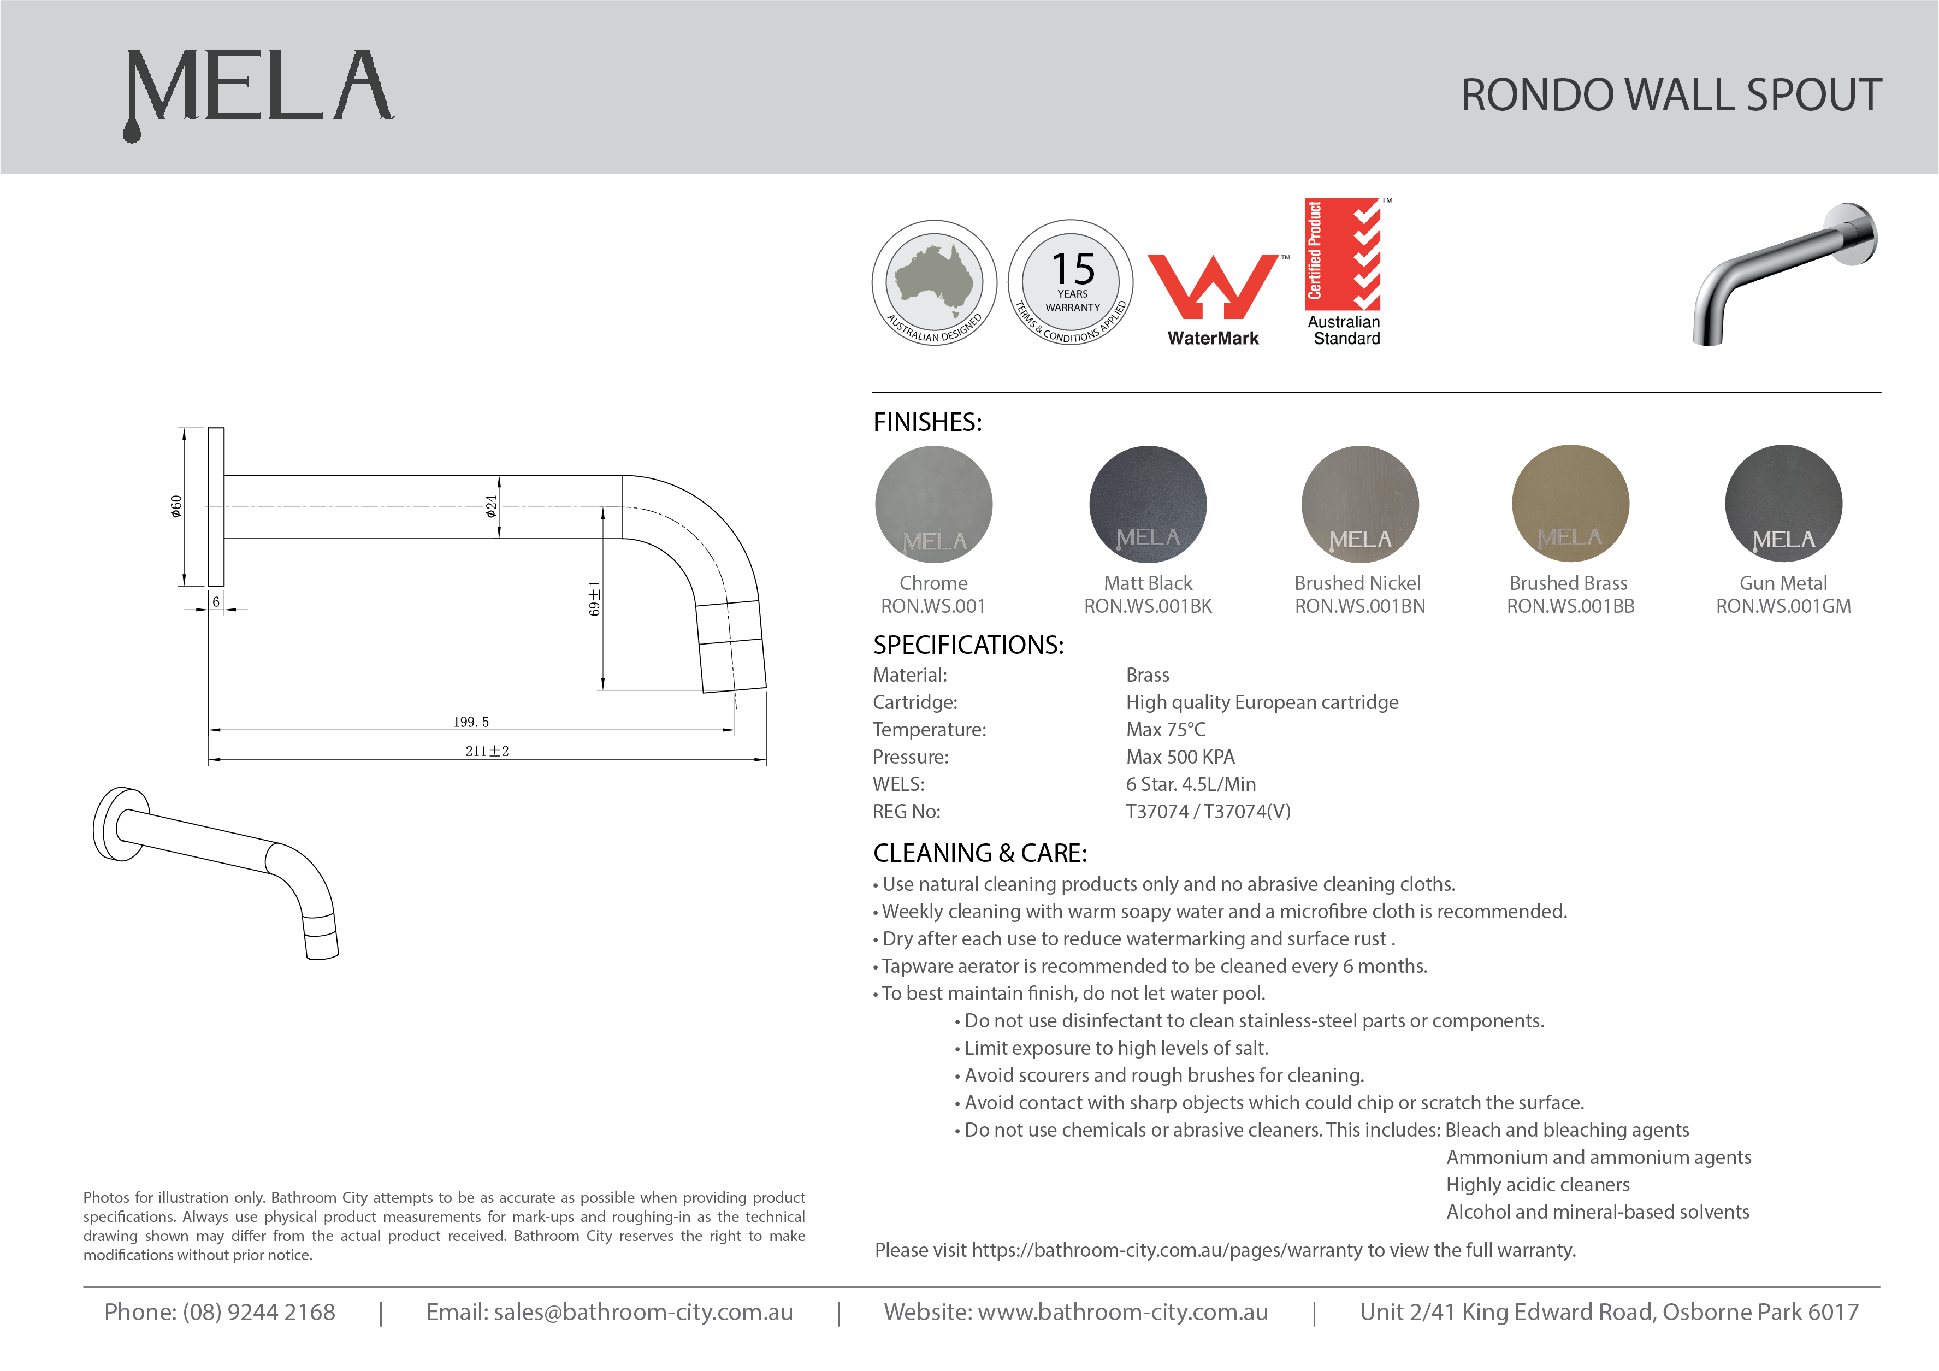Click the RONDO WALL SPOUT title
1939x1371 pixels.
1670,94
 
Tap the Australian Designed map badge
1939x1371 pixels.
934,283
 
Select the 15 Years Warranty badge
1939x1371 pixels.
1071,283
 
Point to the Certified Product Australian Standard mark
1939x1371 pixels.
1344,272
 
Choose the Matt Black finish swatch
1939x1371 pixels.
1148,504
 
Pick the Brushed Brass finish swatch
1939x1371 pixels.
1570,504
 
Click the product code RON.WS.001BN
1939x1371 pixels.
1359,606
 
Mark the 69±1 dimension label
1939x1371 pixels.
595,598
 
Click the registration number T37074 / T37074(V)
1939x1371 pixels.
1208,812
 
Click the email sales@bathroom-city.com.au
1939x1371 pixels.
643,1312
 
